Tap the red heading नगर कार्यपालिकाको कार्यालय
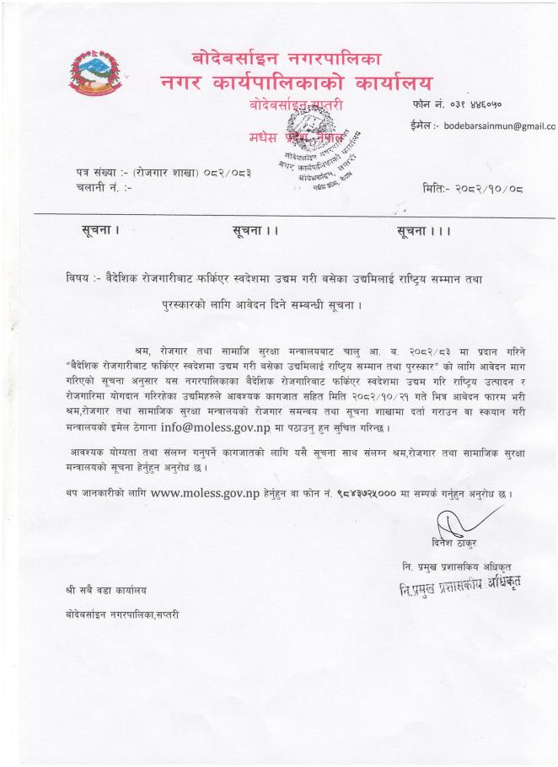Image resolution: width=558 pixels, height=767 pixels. pos(296,83)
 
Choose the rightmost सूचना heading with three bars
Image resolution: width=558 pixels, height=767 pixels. pos(427,232)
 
